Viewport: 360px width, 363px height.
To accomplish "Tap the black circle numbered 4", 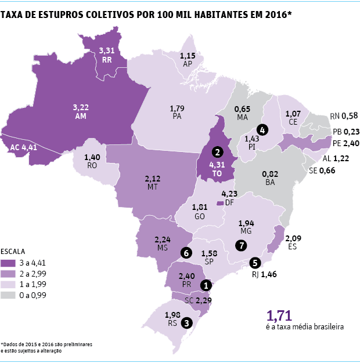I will click(262, 130).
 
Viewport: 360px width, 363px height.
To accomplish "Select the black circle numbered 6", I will click(186, 252).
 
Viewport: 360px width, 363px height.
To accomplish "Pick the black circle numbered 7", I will click(241, 245).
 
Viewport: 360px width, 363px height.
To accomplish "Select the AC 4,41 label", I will click(24, 147).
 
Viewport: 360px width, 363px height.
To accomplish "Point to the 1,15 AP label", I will click(187, 59).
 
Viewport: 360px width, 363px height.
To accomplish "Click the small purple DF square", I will click(219, 203).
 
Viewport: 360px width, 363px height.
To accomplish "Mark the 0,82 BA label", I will click(270, 177).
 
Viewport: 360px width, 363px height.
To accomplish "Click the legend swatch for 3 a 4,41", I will click(11, 263).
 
